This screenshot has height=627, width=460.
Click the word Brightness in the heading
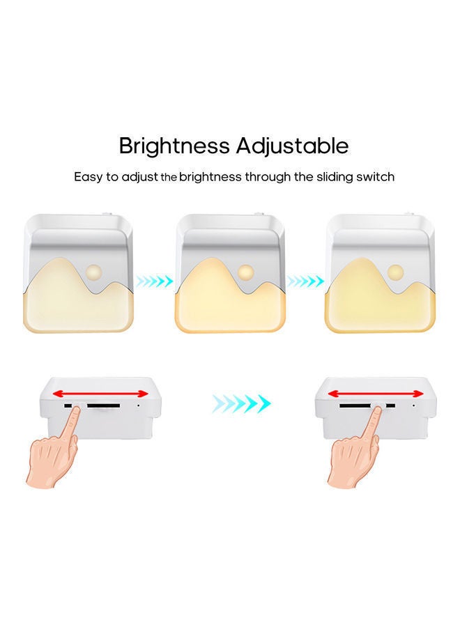pos(174,146)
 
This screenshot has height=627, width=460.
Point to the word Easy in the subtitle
pos(89,177)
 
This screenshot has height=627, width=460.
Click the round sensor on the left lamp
pos(93,270)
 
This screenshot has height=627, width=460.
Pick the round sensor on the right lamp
pos(396,270)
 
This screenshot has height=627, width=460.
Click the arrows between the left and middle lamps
pos(154,281)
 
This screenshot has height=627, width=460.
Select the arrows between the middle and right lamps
pos(306,281)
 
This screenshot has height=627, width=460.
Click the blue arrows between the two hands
pos(240,403)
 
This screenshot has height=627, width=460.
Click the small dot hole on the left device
pos(138,404)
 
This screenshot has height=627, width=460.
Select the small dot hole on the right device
pos(413,404)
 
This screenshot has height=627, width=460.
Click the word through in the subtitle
pos(268,177)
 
